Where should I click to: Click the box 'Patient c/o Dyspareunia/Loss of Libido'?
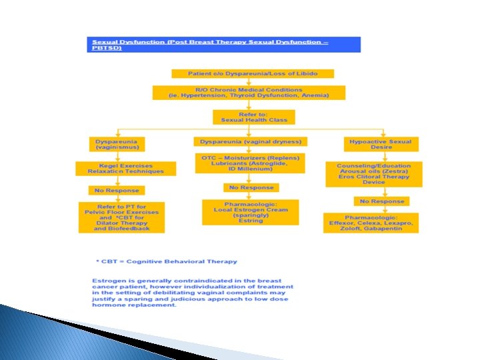pos(253,73)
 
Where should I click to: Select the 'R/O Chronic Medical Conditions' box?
pos(249,92)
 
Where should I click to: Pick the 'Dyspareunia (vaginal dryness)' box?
pos(250,141)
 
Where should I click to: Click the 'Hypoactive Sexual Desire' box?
pos(381,144)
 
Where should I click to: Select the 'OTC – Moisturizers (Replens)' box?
pos(250,163)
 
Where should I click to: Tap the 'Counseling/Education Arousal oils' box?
pos(373,173)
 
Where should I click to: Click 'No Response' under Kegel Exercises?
pos(116,191)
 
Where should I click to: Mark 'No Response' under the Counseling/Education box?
pos(382,201)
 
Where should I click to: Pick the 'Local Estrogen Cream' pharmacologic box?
pos(249,211)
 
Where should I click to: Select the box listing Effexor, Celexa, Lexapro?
pos(371,222)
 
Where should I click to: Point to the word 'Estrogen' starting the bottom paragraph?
pos(107,281)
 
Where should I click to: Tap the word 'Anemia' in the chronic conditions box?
pos(313,95)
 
